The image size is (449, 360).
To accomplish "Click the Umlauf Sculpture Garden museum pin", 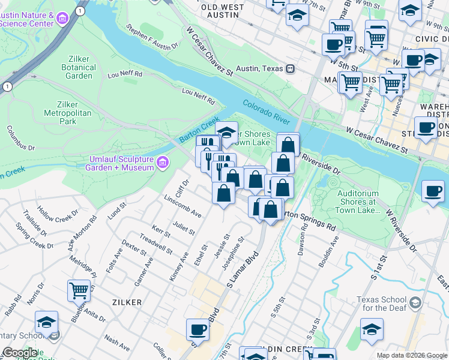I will click(162, 163).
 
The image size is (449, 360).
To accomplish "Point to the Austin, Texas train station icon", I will click(290, 68).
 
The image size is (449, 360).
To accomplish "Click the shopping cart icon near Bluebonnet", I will click(79, 290).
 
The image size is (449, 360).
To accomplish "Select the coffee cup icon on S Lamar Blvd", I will click(197, 329).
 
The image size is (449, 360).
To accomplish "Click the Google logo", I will click(20, 353).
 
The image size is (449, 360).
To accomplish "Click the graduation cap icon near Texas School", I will click(372, 329).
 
